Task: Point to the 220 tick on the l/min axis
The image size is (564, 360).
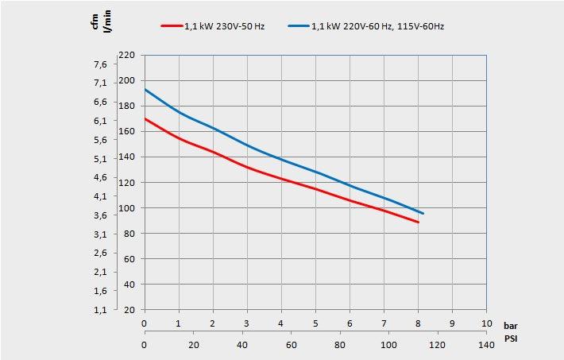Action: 127,56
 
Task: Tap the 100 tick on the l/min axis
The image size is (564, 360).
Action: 127,208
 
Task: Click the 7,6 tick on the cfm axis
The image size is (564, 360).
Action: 100,64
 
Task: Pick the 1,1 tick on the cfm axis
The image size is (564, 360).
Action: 100,310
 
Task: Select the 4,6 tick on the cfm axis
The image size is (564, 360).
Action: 100,177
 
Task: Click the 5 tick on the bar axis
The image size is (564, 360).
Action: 315,324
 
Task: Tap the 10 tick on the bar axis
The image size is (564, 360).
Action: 487,324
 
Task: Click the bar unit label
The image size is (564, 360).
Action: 511,325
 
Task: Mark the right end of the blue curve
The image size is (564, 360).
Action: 423,214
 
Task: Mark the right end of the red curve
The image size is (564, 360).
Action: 418,223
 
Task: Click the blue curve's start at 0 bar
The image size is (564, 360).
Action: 145,89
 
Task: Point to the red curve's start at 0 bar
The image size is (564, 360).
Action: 145,118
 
